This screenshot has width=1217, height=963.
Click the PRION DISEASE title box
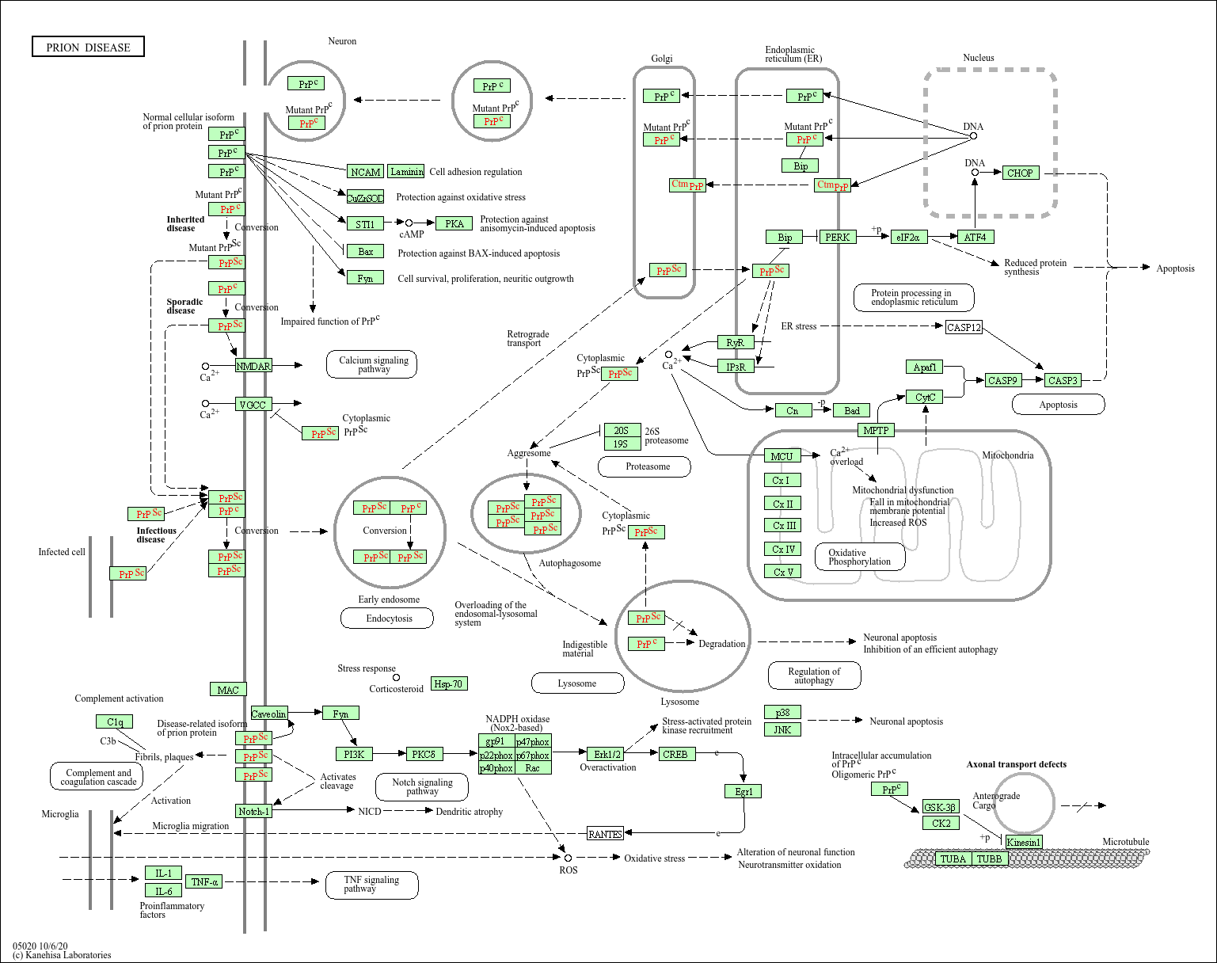click(x=88, y=47)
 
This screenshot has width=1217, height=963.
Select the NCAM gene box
click(x=365, y=171)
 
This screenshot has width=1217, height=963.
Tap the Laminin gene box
click(x=407, y=171)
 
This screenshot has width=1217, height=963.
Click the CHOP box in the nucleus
click(x=1020, y=173)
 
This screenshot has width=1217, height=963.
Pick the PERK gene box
click(x=838, y=237)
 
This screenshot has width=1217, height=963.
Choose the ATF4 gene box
click(x=976, y=237)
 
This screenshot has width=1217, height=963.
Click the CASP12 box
click(x=964, y=327)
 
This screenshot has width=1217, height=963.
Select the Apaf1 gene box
click(x=925, y=367)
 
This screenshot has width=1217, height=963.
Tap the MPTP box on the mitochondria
click(x=876, y=430)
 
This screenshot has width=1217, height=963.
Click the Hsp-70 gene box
click(x=449, y=683)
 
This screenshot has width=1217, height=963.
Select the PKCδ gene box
click(x=424, y=754)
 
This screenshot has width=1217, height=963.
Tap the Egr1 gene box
click(x=743, y=791)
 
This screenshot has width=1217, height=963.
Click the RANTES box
click(x=605, y=833)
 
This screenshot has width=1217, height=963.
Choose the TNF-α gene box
click(x=203, y=881)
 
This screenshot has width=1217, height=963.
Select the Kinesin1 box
click(x=1024, y=842)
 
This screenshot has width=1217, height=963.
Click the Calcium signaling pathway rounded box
click(x=371, y=364)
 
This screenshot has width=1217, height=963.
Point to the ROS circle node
click(x=568, y=858)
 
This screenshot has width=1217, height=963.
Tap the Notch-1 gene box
click(x=254, y=811)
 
